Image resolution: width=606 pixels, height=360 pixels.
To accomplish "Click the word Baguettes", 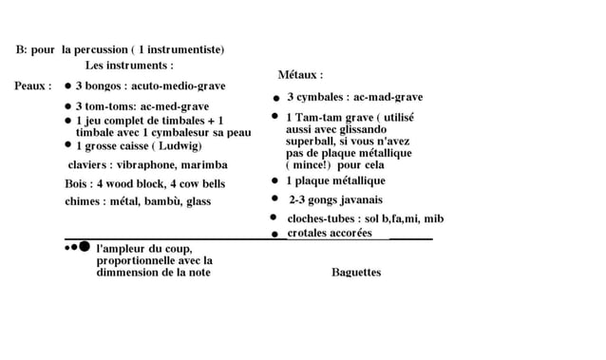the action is pos(356,273).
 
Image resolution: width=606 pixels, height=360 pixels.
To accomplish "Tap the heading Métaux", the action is pos(298,74).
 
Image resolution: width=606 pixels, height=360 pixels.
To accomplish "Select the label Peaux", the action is pos(30,85).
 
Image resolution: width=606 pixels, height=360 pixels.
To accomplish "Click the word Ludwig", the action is pos(178,146).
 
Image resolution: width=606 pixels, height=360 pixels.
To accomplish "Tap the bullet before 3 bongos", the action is pos(67,85).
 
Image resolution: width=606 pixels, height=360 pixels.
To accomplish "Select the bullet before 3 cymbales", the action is pos(276,98).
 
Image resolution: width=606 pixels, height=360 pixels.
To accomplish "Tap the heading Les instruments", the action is pos(128,66).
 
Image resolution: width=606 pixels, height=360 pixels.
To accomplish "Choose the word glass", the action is pos(199,200).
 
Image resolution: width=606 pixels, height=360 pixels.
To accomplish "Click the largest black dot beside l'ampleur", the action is pos(85,247).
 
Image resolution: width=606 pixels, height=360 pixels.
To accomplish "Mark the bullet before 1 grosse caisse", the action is pos(67,146).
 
